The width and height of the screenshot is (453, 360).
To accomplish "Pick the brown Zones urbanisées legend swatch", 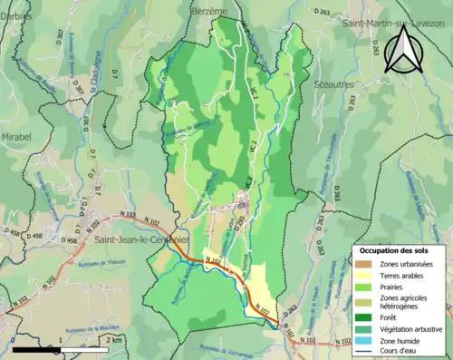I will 365,264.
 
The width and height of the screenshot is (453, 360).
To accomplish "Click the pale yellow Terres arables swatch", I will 365,276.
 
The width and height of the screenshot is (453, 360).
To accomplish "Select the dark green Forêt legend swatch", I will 365,316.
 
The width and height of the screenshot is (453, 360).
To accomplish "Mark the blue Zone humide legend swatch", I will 365,340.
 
